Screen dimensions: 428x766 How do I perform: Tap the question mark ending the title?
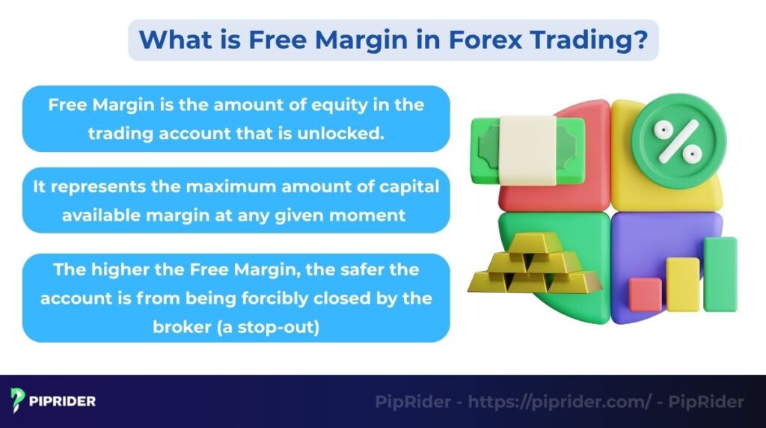pyautogui.click(x=641, y=40)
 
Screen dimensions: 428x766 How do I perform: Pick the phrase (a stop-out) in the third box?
pyautogui.click(x=273, y=326)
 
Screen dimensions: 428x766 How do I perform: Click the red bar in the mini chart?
pyautogui.click(x=646, y=295)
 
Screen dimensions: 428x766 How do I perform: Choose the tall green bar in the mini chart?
pyautogui.click(x=720, y=274)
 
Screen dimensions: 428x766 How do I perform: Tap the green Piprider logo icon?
pyautogui.click(x=19, y=400)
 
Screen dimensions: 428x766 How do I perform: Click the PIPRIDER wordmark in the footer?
pyautogui.click(x=64, y=401)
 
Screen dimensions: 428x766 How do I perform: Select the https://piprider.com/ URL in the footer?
pyautogui.click(x=560, y=402)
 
